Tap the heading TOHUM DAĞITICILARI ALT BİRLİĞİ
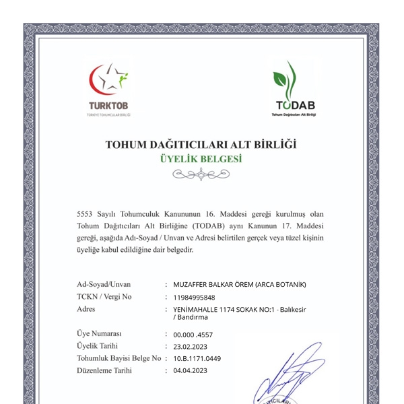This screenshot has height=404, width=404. (x=201, y=144)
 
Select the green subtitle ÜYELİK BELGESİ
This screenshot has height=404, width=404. (x=201, y=160)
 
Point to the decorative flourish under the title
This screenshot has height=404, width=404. (x=201, y=176)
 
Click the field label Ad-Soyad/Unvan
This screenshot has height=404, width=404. (x=104, y=284)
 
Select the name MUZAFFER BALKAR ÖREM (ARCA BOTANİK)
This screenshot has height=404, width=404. (x=239, y=284)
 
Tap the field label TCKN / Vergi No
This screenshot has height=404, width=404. (x=104, y=297)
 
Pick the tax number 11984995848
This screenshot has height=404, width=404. (x=194, y=297)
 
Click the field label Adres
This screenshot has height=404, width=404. (x=87, y=309)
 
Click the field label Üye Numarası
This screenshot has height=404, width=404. (x=99, y=334)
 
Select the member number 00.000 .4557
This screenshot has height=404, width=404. (x=193, y=334)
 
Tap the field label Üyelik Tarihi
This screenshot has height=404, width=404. (x=98, y=346)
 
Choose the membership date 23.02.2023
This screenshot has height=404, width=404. (x=190, y=346)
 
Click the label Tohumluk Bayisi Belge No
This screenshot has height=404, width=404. (x=119, y=358)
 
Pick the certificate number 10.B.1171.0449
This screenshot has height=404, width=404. (x=197, y=358)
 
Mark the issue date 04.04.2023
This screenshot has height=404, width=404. (x=190, y=370)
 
